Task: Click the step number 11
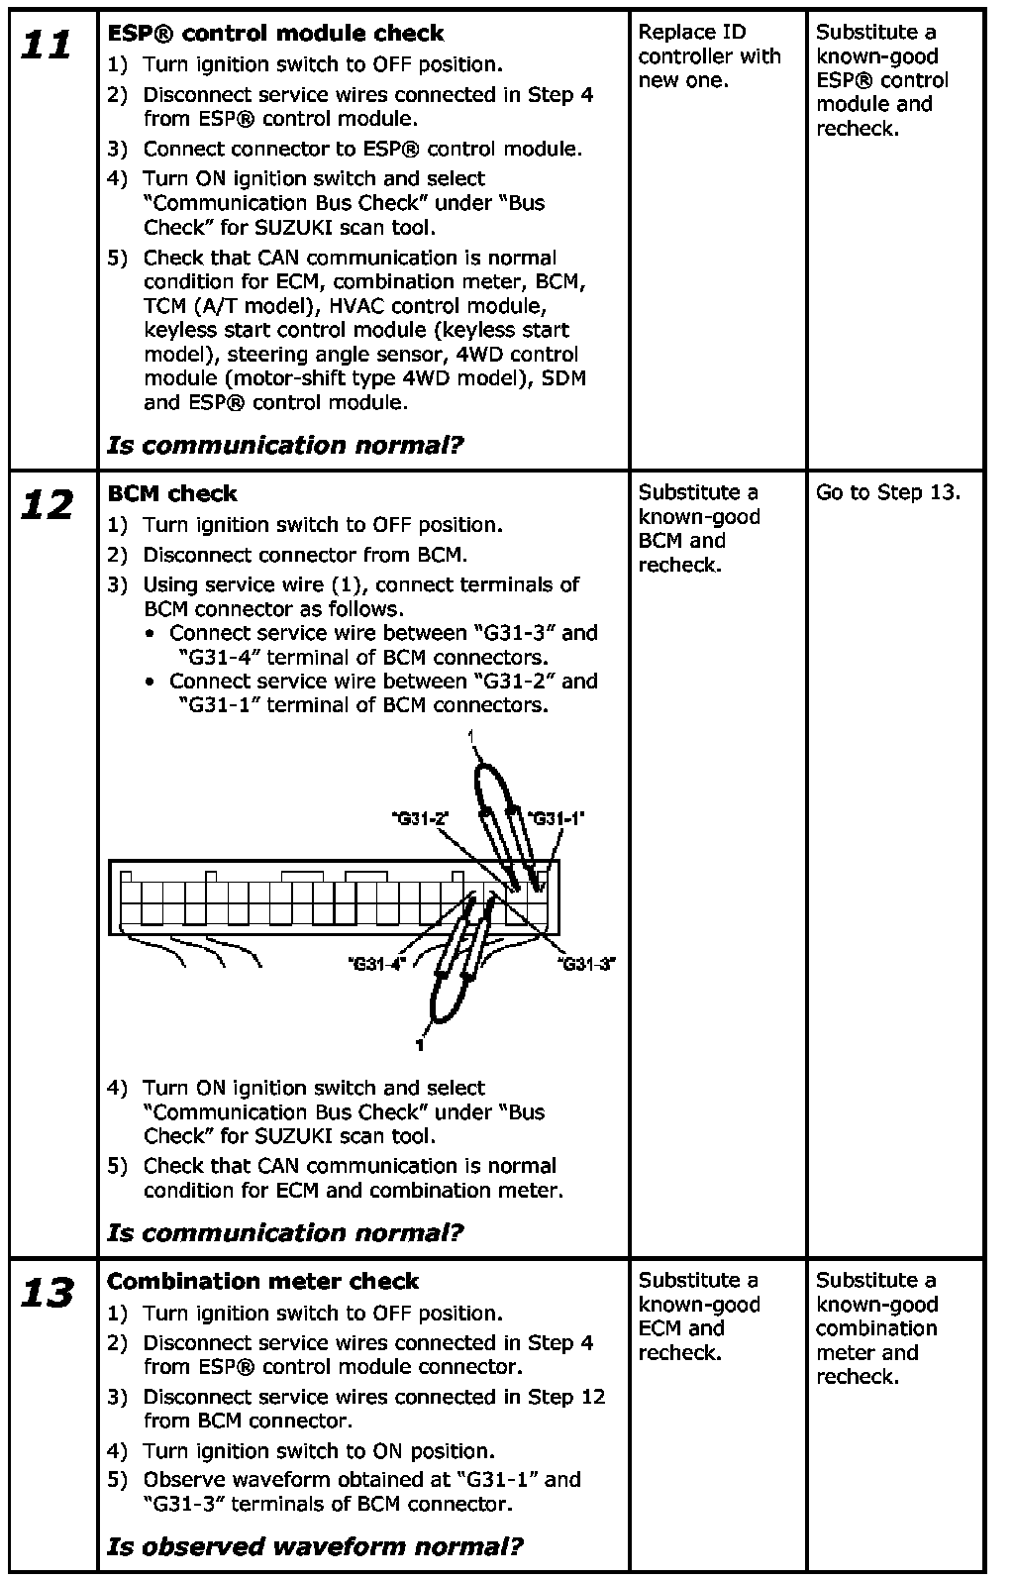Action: [48, 46]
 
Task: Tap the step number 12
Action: [48, 506]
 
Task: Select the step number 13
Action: [48, 1294]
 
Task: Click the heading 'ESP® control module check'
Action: [275, 34]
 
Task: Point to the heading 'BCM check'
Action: [172, 493]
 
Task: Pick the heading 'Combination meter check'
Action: [262, 1281]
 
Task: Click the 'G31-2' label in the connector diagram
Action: [420, 818]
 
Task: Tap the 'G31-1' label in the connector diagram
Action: [557, 818]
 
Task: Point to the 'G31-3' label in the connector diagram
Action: [586, 963]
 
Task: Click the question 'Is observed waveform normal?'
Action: [315, 1546]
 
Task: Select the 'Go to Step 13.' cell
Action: [887, 493]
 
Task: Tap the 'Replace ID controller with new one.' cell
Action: [709, 56]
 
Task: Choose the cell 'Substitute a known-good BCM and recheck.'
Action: [699, 529]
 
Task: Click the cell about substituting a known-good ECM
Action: [699, 1317]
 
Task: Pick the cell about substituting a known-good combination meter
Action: [876, 1328]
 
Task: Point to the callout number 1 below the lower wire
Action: [421, 1044]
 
